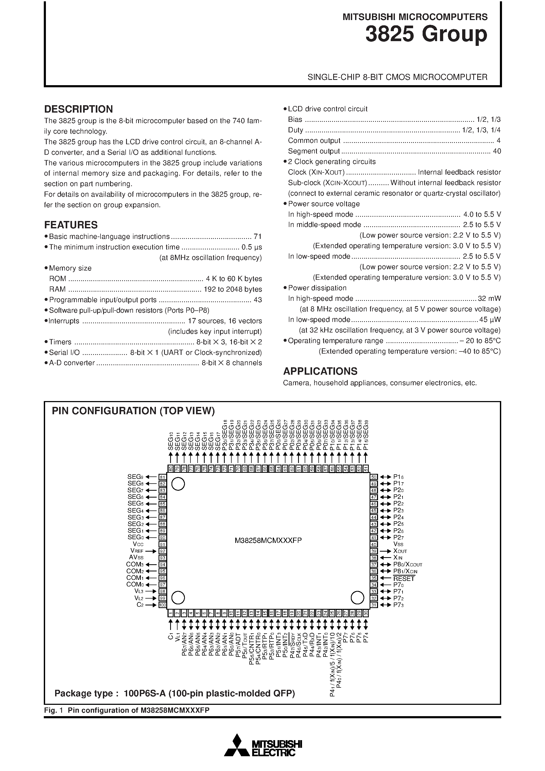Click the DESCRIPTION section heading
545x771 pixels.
click(78, 109)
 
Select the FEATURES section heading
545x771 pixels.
click(71, 225)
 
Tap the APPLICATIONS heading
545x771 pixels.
click(320, 371)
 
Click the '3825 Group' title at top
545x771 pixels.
click(426, 34)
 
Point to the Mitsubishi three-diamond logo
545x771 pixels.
click(237, 745)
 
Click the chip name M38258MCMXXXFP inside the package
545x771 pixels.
click(268, 540)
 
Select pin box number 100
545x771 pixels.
click(162, 605)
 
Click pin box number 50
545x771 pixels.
click(374, 477)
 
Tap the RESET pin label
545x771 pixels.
click(404, 578)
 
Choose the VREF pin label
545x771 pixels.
click(137, 551)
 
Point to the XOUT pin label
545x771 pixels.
click(400, 551)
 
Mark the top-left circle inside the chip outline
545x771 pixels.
click(178, 484)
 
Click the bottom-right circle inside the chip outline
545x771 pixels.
click(357, 598)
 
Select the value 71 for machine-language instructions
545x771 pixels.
click(258, 237)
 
